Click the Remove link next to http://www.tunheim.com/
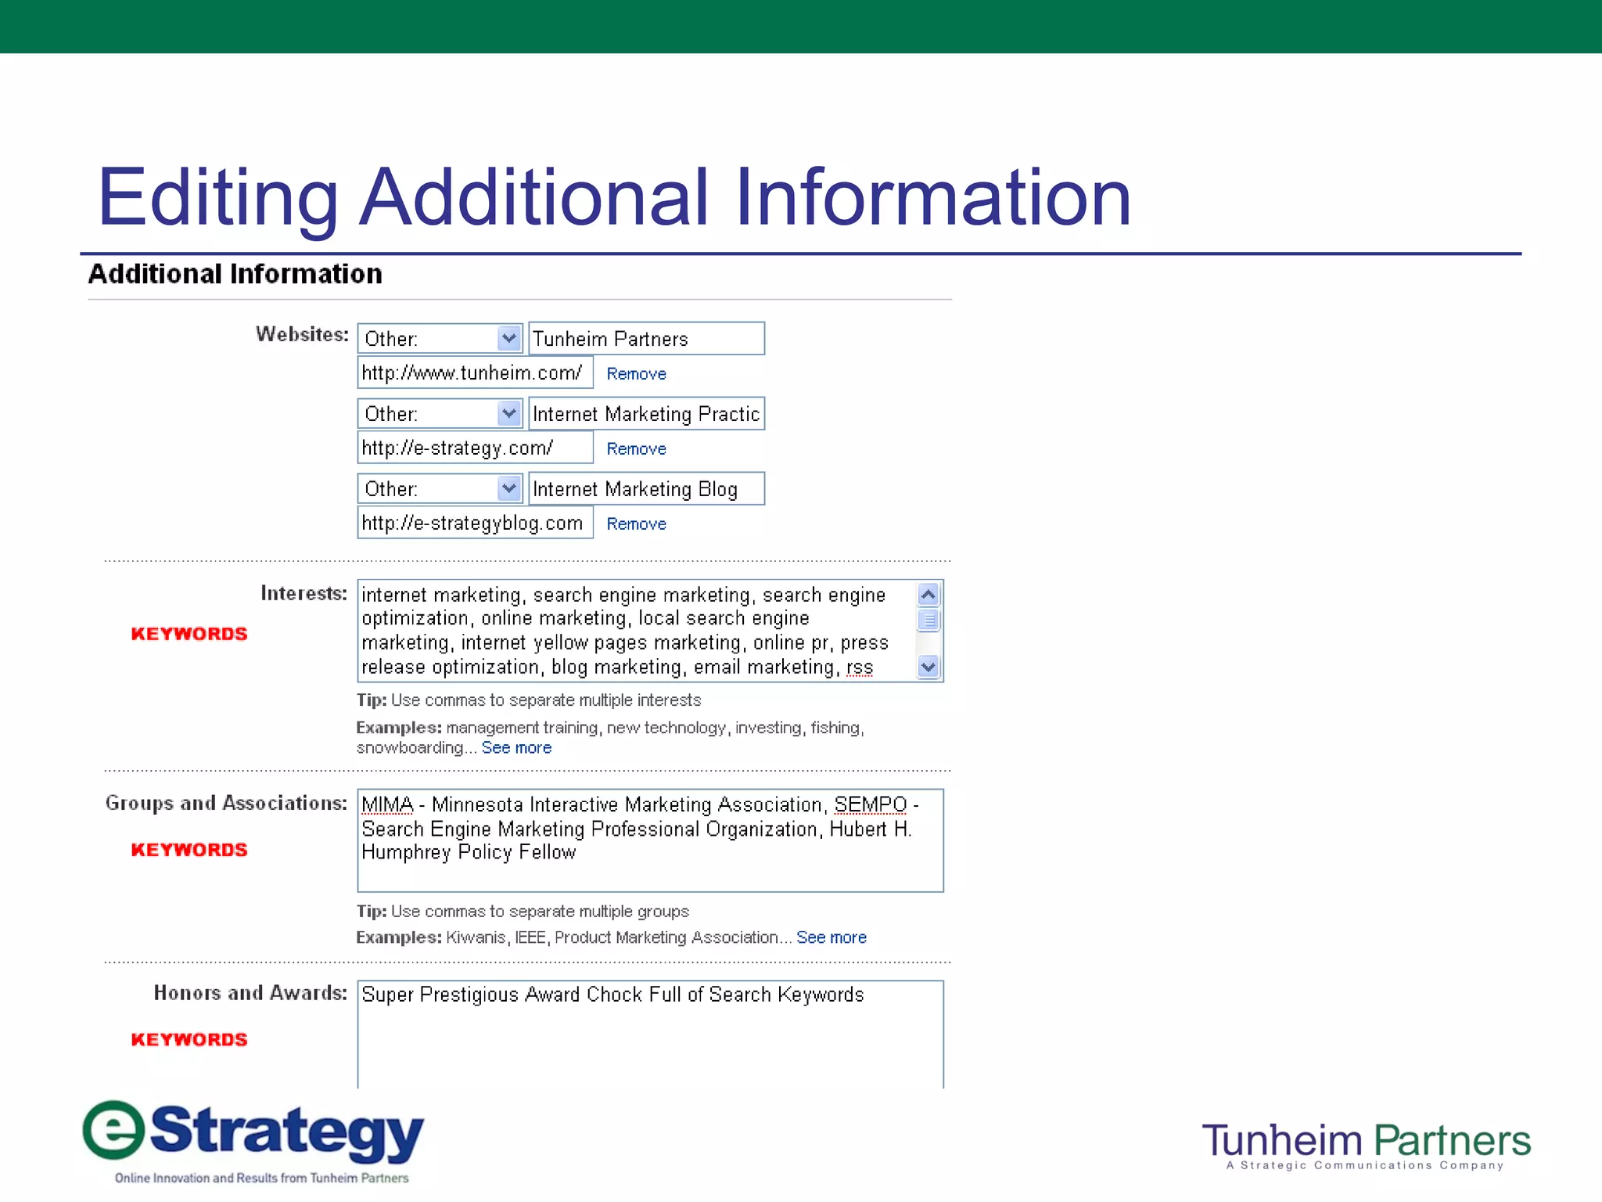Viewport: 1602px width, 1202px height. (x=636, y=374)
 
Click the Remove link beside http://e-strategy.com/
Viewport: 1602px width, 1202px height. (x=636, y=449)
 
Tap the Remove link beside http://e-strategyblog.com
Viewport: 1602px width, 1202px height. (x=636, y=524)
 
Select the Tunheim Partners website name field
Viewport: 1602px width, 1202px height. (x=646, y=339)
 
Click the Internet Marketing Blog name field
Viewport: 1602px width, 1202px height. (x=646, y=489)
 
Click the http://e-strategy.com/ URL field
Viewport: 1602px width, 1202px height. (x=475, y=448)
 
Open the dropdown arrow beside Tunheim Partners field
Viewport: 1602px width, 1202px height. (x=509, y=339)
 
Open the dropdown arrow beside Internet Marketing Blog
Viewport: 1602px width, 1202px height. (x=509, y=489)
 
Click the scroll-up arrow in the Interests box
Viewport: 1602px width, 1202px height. (x=928, y=595)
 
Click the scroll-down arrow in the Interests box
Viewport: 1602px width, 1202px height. (x=928, y=668)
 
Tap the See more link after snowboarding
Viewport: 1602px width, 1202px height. (x=516, y=748)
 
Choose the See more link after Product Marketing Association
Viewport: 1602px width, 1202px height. (x=832, y=937)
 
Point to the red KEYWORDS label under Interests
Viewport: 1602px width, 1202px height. (x=189, y=634)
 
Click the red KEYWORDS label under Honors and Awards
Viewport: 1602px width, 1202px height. (x=189, y=1040)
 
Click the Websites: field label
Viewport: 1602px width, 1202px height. (x=302, y=335)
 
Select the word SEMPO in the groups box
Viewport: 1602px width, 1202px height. (x=870, y=805)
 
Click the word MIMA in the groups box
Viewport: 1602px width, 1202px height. (x=387, y=805)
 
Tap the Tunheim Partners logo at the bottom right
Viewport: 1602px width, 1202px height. (x=1366, y=1144)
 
